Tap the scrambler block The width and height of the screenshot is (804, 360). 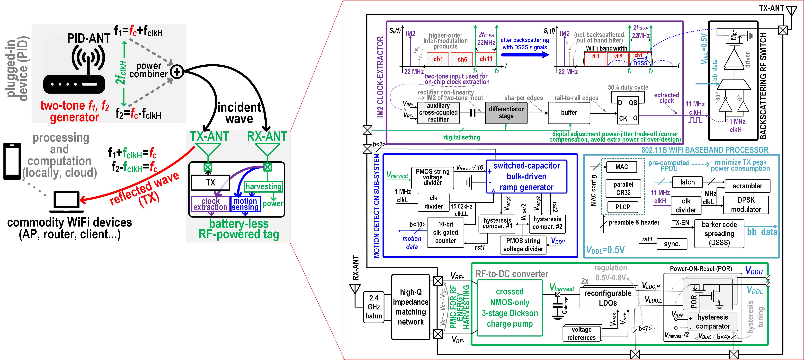(x=747, y=186)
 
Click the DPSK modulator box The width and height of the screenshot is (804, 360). (x=746, y=205)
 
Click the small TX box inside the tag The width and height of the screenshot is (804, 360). (x=210, y=183)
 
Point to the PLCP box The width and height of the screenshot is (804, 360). (x=623, y=207)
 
